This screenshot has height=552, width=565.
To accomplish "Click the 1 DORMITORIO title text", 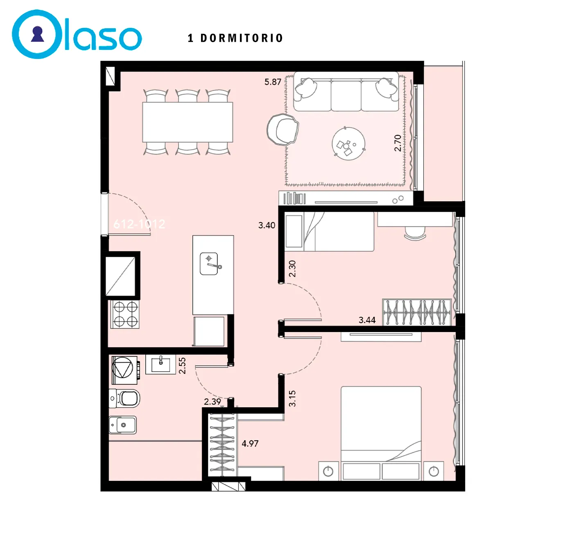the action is [235, 38].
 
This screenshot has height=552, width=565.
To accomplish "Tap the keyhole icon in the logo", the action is [37, 34].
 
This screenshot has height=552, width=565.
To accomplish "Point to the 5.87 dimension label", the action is [273, 82].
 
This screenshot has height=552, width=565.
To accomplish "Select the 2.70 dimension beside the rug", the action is [398, 143].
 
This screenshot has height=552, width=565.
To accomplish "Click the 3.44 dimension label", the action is [367, 320].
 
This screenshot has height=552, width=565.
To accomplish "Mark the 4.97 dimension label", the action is [250, 443].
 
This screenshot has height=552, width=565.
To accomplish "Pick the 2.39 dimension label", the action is [212, 402].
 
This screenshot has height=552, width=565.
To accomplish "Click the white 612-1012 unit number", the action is [139, 224].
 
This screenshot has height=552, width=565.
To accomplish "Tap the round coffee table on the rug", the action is [348, 144].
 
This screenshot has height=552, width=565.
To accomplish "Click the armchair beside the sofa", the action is [283, 129].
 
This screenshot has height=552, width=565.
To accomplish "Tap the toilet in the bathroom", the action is [124, 398].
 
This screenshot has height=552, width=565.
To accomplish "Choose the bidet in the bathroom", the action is [123, 425].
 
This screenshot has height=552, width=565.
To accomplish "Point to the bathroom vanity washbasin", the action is [160, 365].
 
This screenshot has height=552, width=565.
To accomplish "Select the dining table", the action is [188, 122].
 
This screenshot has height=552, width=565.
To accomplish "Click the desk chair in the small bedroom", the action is [415, 233].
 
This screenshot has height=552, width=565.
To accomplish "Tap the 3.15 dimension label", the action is [292, 398].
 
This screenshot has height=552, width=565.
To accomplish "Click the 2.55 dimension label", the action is [182, 366].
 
